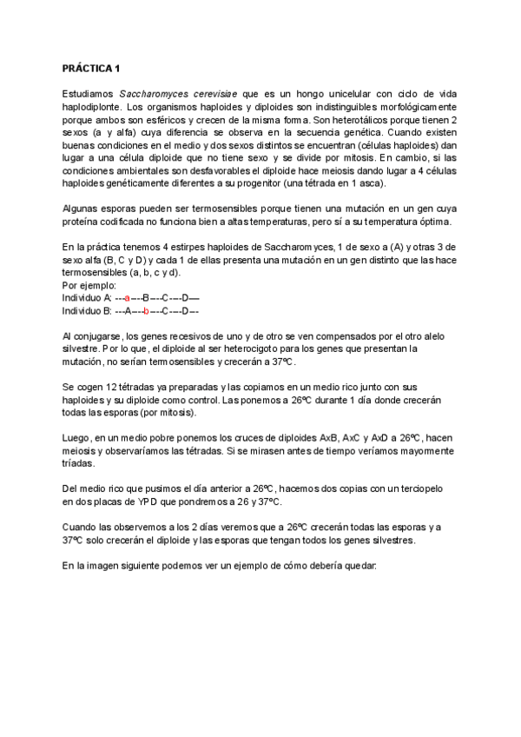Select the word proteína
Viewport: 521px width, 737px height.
coord(83,222)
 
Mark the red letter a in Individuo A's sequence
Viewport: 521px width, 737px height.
coord(127,297)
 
